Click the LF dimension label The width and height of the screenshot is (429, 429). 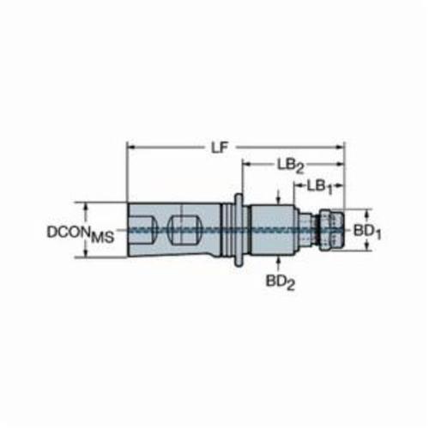pyautogui.click(x=219, y=148)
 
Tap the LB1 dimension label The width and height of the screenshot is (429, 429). pyautogui.click(x=320, y=187)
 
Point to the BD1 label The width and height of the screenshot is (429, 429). pyautogui.click(x=367, y=232)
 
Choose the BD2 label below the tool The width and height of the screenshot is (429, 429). pyautogui.click(x=281, y=282)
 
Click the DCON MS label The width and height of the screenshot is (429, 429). pyautogui.click(x=81, y=233)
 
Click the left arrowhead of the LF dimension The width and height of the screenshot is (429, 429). pyautogui.click(x=130, y=148)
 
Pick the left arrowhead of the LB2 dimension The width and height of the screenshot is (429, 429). pyautogui.click(x=246, y=164)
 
